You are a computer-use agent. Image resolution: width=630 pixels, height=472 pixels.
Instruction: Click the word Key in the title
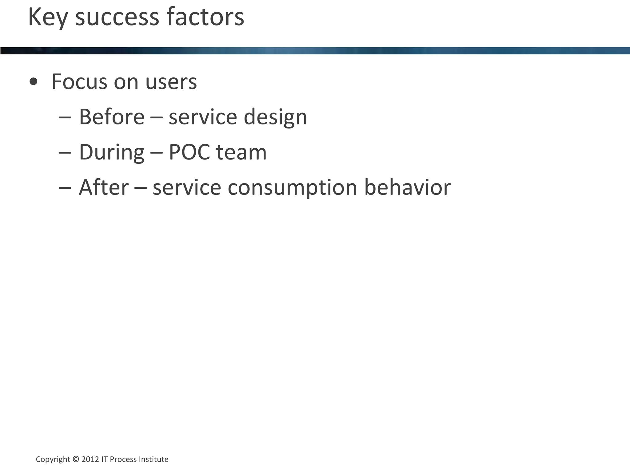tap(48, 18)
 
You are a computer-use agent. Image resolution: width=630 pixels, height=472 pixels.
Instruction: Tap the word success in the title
tap(117, 18)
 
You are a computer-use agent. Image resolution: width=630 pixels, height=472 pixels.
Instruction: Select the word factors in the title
tap(205, 18)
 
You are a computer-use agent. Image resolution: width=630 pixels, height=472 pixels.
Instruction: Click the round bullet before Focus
tap(33, 82)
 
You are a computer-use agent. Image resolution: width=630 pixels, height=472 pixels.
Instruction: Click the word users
tap(171, 82)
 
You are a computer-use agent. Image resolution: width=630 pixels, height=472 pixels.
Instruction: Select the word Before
tap(112, 117)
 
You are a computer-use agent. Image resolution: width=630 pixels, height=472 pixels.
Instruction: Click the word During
tap(112, 152)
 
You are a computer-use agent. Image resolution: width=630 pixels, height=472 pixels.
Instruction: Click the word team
tap(241, 152)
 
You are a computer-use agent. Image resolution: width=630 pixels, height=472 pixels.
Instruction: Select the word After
tap(104, 187)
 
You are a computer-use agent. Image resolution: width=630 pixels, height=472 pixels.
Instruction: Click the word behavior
tap(408, 187)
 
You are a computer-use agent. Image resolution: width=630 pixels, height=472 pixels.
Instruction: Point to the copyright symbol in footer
tap(76, 459)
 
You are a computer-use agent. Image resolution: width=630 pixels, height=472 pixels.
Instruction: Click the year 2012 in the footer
tap(90, 459)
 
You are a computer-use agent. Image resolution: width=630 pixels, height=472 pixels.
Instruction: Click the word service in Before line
tap(203, 117)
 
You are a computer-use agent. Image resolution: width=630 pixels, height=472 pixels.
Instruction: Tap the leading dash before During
tap(65, 152)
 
